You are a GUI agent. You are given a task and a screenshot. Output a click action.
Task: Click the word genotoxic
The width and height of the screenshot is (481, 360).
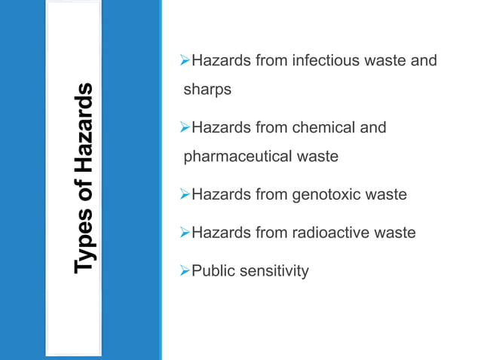(x=322, y=195)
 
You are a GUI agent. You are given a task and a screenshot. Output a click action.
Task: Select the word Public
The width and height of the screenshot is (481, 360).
(x=213, y=270)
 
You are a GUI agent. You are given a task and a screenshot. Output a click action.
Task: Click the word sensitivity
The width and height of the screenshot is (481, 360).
(x=274, y=270)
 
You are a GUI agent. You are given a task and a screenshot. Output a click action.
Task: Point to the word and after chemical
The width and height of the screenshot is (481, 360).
(x=372, y=127)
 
